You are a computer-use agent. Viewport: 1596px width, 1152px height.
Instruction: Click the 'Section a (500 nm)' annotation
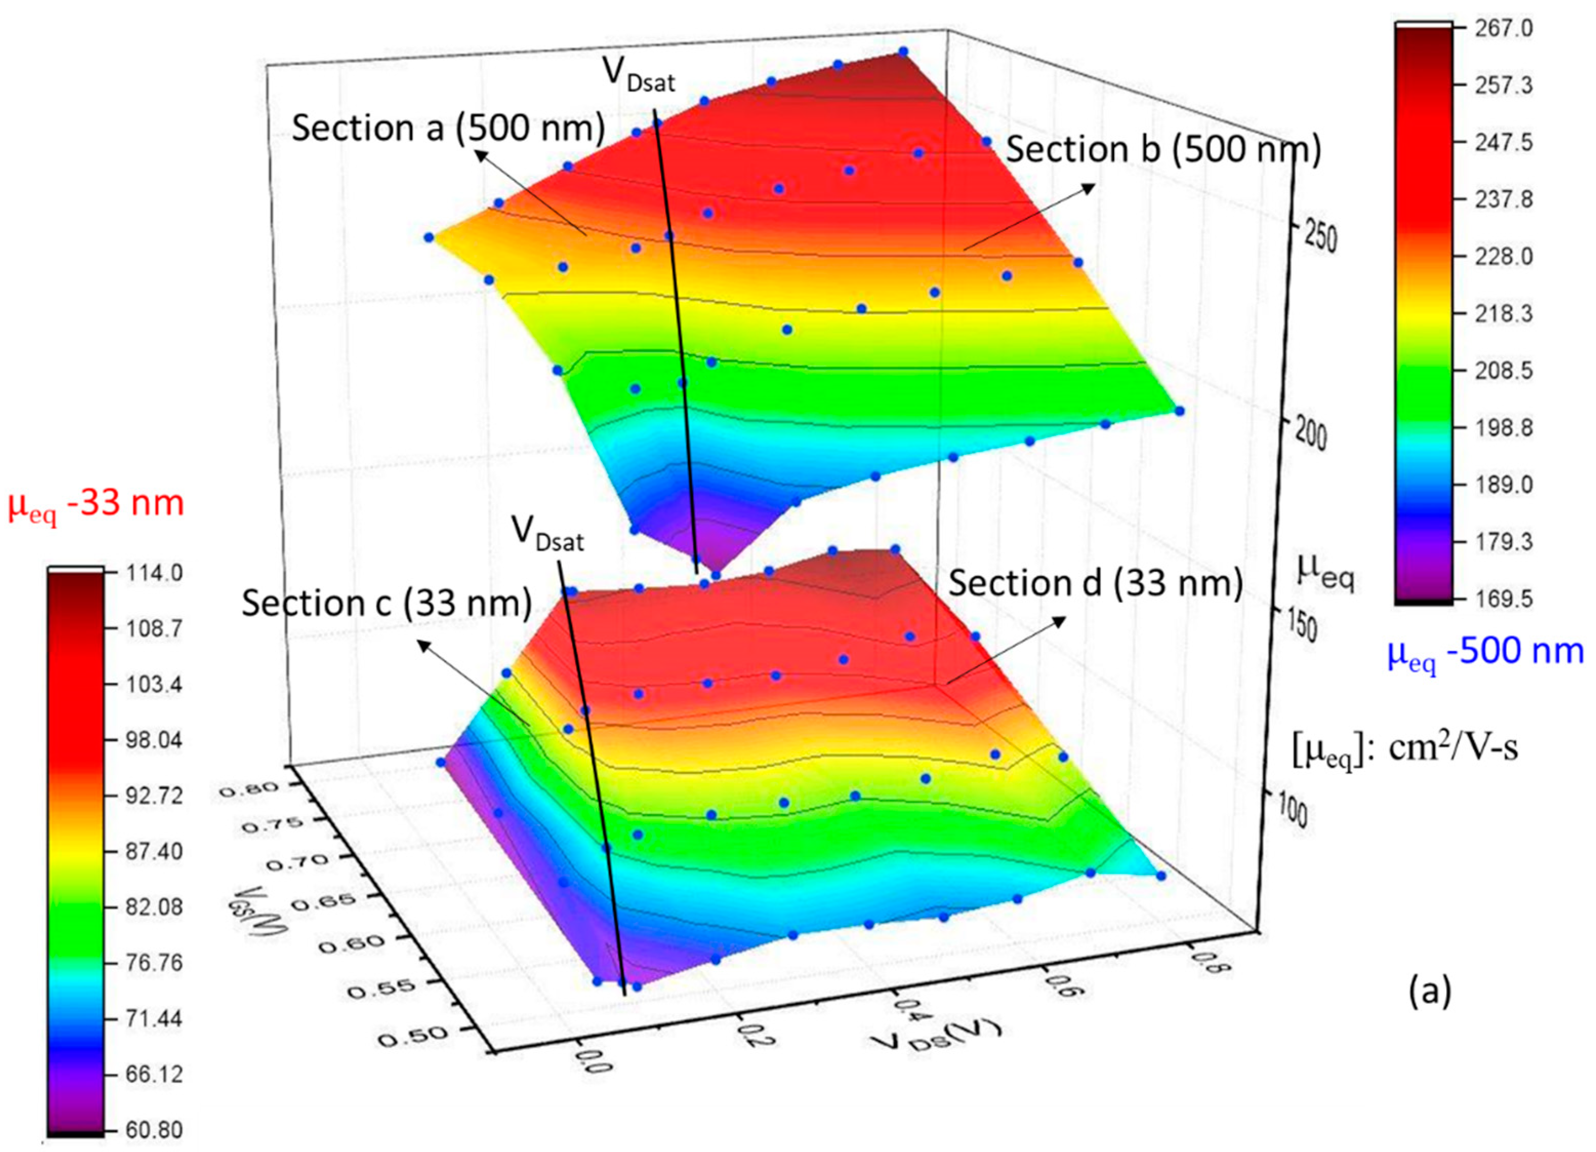coord(448,129)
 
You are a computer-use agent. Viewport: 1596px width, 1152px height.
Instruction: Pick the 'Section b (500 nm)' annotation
coord(1163,150)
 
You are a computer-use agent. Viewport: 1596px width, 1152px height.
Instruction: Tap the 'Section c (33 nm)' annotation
coord(386,604)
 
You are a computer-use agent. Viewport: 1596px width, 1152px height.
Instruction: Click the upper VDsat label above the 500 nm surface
coord(637,75)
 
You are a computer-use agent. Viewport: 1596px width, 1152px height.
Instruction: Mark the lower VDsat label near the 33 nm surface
coord(547,533)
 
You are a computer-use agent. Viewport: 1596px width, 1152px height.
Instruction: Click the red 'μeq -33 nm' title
coord(96,505)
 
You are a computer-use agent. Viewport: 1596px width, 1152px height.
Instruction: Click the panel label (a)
coord(1429,992)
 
